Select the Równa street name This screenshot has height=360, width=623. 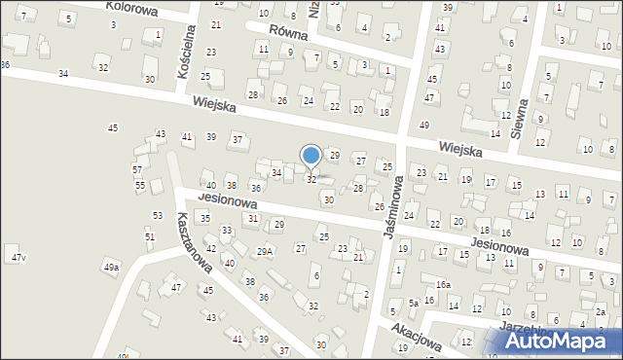(x=289, y=33)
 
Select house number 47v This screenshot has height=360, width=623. (x=18, y=257)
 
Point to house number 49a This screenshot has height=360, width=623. (x=111, y=267)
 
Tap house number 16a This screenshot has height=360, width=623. (x=443, y=284)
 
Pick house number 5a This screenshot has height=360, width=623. (x=413, y=303)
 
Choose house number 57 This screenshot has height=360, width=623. (x=137, y=169)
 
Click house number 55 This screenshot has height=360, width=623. (x=140, y=185)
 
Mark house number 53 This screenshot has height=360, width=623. (x=157, y=215)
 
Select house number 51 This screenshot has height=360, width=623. (x=149, y=236)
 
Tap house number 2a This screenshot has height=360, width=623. (x=601, y=312)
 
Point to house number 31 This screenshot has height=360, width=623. (x=252, y=218)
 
